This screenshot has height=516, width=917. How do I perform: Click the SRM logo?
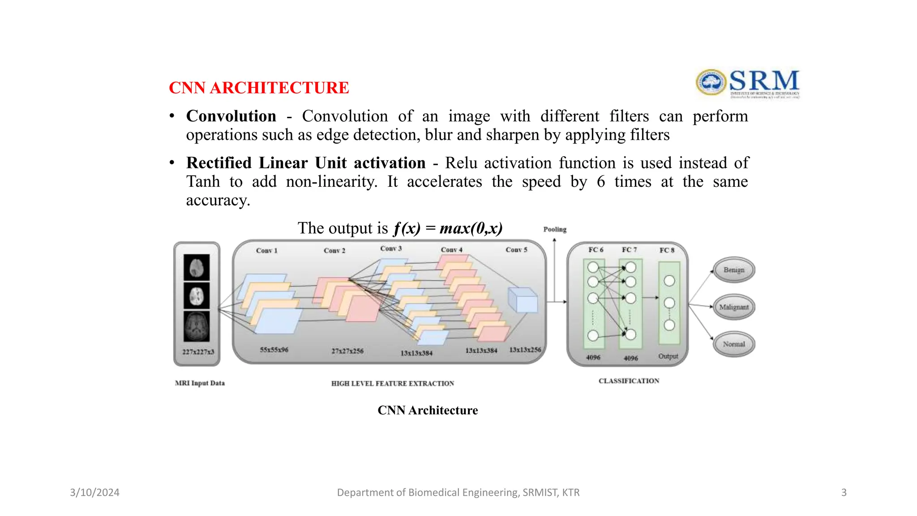pos(747,83)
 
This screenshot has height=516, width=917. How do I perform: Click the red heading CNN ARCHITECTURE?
pos(259,88)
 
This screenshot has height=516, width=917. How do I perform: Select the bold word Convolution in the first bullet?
pos(231,116)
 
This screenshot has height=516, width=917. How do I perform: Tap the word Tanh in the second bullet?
pos(203,181)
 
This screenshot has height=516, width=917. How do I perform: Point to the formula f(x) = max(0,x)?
pos(448,228)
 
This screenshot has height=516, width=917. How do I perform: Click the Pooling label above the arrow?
pos(555,229)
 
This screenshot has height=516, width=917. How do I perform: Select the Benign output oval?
pos(733,270)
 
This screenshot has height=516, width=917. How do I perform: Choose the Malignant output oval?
pos(733,307)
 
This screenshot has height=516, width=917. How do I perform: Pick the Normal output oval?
pos(733,344)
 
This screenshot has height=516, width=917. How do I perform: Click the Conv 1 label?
pos(266,250)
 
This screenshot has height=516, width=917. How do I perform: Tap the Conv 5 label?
pos(516,249)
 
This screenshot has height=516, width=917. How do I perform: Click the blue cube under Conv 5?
pos(523,300)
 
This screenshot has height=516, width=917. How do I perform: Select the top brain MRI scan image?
pos(197,267)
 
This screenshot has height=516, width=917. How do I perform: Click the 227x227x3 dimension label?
pos(198,352)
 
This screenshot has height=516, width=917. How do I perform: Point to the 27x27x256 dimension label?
pos(347,351)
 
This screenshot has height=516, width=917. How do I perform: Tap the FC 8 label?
pos(667,250)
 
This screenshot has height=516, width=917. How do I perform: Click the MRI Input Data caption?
pos(200,383)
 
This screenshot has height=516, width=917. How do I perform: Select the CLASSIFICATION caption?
pos(629,381)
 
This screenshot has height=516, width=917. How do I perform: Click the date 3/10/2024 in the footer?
pos(94,492)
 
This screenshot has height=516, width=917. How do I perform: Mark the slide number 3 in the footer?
pos(844,492)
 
